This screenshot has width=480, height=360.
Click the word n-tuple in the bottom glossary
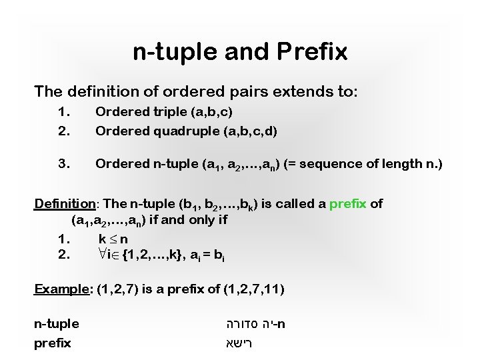tap(57, 324)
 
